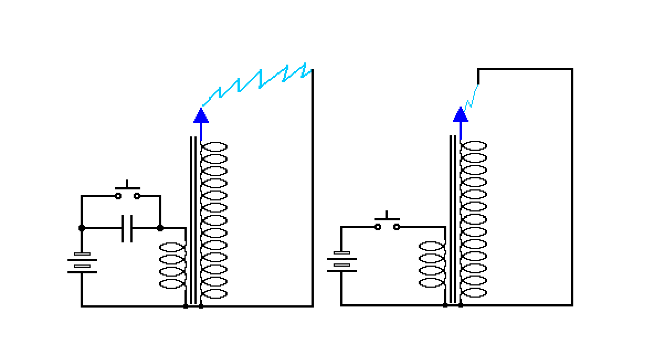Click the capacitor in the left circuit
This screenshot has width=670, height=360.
[127, 228]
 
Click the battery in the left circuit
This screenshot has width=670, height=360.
[82, 263]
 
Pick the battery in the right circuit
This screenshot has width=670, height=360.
[341, 262]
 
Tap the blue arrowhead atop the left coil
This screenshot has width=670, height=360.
[201, 115]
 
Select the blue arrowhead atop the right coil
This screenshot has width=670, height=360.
[461, 115]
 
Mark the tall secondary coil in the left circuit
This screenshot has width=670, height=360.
[214, 220]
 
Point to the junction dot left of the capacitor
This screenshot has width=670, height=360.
[82, 228]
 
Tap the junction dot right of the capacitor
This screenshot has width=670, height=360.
[160, 228]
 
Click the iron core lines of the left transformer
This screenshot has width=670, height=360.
[193, 221]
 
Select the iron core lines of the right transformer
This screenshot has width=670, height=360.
[453, 221]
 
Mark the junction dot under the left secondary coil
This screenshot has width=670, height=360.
[201, 306]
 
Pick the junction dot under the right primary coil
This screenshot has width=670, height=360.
[445, 305]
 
